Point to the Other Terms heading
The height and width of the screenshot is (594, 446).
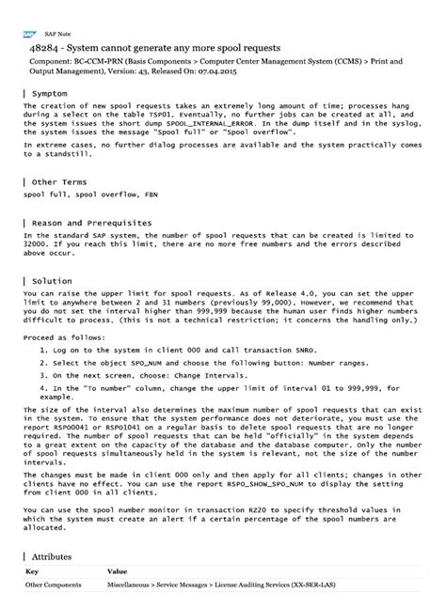tap(59, 180)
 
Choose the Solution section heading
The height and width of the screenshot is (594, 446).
tap(52, 281)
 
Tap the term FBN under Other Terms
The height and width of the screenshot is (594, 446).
tap(151, 195)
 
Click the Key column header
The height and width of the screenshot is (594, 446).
tap(31, 571)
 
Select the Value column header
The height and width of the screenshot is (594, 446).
tap(118, 571)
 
